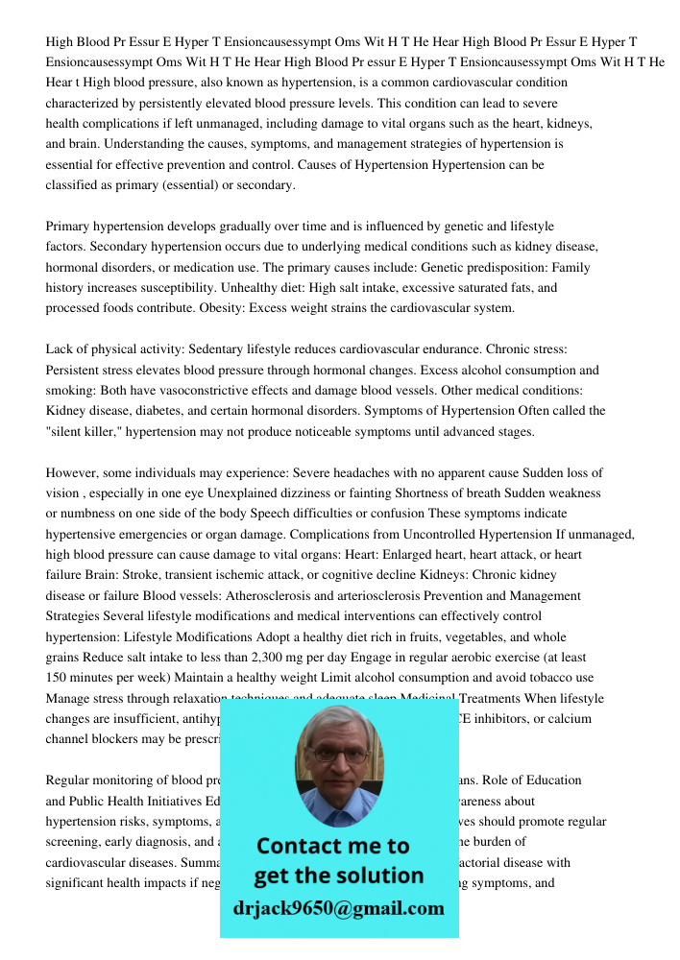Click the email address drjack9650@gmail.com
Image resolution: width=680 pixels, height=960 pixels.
[x=338, y=908]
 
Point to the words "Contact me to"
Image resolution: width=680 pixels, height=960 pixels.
[x=332, y=846]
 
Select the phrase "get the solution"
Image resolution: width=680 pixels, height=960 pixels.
[x=338, y=876]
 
